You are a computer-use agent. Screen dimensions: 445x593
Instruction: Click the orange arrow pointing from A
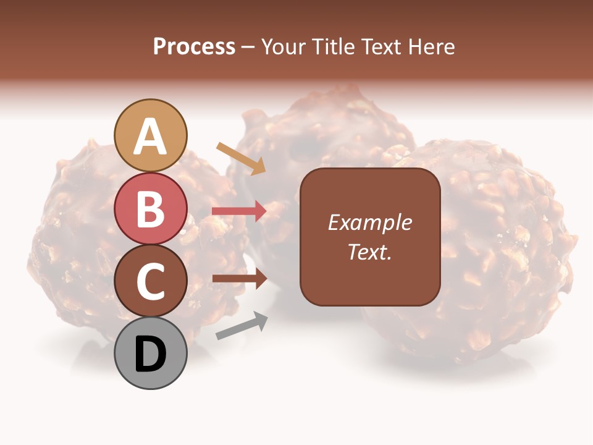[x=241, y=158]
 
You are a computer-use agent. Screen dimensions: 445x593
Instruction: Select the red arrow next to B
[x=239, y=211]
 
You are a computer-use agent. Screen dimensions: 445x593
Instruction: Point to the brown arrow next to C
[x=239, y=279]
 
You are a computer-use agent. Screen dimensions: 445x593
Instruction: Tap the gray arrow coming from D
[x=242, y=326]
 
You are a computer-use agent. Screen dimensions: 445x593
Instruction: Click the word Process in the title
[x=194, y=47]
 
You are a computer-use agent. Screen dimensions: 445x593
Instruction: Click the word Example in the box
[x=369, y=222]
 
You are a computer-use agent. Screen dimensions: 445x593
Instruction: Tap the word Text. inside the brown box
[x=369, y=252]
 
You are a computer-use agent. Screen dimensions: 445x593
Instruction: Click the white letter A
[x=151, y=137]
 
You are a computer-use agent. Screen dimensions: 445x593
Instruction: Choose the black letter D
[x=151, y=355]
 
